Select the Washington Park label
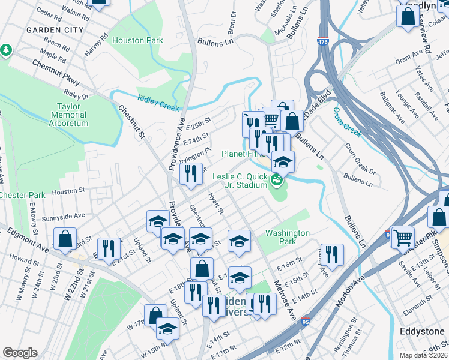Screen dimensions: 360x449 288,237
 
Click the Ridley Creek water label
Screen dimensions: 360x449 158,103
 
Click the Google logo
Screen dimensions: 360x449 20,353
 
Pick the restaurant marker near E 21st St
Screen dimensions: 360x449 109,248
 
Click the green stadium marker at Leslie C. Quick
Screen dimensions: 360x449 277,179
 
